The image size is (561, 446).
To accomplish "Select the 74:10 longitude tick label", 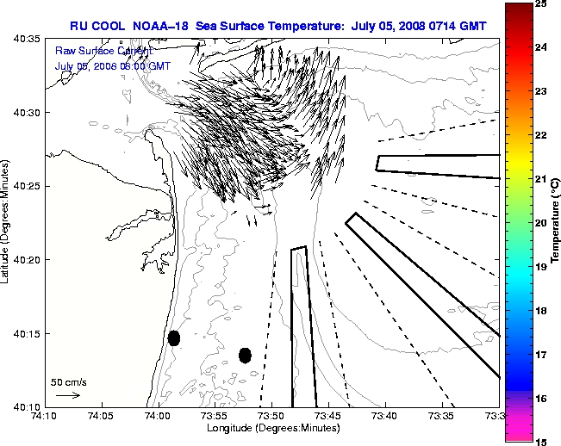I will [46, 416].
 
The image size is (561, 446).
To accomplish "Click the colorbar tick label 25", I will [542, 4].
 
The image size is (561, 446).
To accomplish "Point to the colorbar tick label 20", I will [542, 223].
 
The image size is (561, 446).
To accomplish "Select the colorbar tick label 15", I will [542, 441].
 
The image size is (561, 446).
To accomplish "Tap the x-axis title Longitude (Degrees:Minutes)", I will [272, 427].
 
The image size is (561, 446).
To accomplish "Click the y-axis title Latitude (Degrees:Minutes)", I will [7, 223].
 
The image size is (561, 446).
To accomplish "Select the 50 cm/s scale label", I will [69, 381].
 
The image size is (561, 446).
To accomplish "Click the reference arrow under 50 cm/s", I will [68, 395].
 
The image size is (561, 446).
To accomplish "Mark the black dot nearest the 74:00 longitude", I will [173, 338].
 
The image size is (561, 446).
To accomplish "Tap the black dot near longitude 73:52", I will [245, 355].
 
